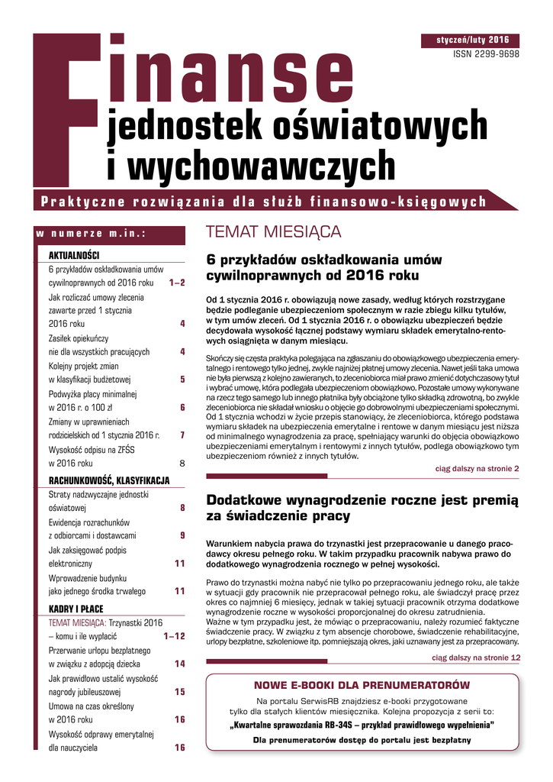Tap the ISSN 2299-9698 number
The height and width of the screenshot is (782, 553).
pos(486,55)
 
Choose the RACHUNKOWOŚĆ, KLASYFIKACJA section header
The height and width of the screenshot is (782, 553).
pos(108,480)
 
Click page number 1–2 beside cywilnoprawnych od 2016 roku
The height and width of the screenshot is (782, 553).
pos(177,283)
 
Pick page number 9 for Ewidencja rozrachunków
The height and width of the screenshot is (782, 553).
pos(182,535)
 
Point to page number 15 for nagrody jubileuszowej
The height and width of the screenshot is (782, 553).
pos(180,692)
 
